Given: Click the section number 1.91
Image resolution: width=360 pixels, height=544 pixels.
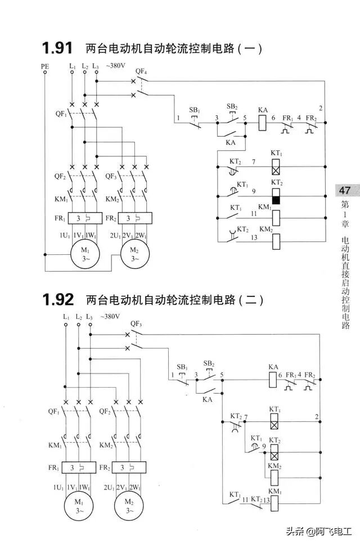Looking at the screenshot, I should click(58, 48).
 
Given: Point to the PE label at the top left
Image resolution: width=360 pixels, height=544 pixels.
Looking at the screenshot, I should click(45, 66).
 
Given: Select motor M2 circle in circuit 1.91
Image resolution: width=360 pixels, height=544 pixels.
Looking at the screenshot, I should click(134, 254).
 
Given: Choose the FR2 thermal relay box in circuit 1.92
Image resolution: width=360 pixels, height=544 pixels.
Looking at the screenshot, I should click(129, 467).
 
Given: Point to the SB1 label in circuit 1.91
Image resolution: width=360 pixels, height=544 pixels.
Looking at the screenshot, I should click(194, 109).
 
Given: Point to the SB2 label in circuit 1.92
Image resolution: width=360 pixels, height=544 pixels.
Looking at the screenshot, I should click(209, 363).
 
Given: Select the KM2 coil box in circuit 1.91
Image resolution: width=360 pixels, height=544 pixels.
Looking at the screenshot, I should click(276, 241).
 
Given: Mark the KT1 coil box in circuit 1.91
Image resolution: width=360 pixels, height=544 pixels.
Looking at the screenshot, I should click(276, 167).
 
